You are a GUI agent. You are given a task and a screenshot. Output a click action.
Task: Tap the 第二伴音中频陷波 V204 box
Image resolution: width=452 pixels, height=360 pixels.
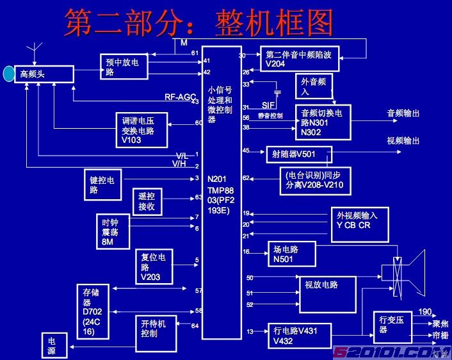pos(300,59)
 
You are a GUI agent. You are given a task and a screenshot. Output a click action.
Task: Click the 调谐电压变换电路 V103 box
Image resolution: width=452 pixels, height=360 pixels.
pos(142,130)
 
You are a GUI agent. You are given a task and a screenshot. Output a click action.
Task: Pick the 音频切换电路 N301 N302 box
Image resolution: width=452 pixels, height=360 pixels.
pos(323,122)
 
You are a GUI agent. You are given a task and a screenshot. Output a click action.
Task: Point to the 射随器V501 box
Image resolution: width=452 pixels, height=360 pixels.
pos(299,154)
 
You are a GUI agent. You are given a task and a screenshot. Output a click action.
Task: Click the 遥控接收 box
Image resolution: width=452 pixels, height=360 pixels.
pos(147,201)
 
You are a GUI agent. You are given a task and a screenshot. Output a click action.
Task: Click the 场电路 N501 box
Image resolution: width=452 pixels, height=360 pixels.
pos(291,254)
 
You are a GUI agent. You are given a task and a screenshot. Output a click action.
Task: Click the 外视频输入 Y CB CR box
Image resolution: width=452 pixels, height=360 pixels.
pos(359,224)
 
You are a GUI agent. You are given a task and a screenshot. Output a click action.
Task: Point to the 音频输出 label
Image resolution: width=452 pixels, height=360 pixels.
pos(403,113)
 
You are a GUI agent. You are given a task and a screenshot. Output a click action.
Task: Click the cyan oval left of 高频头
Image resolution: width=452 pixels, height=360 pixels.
pos(8,74)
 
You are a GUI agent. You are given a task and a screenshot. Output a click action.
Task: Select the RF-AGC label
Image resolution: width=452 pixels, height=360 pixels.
pos(180,97)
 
